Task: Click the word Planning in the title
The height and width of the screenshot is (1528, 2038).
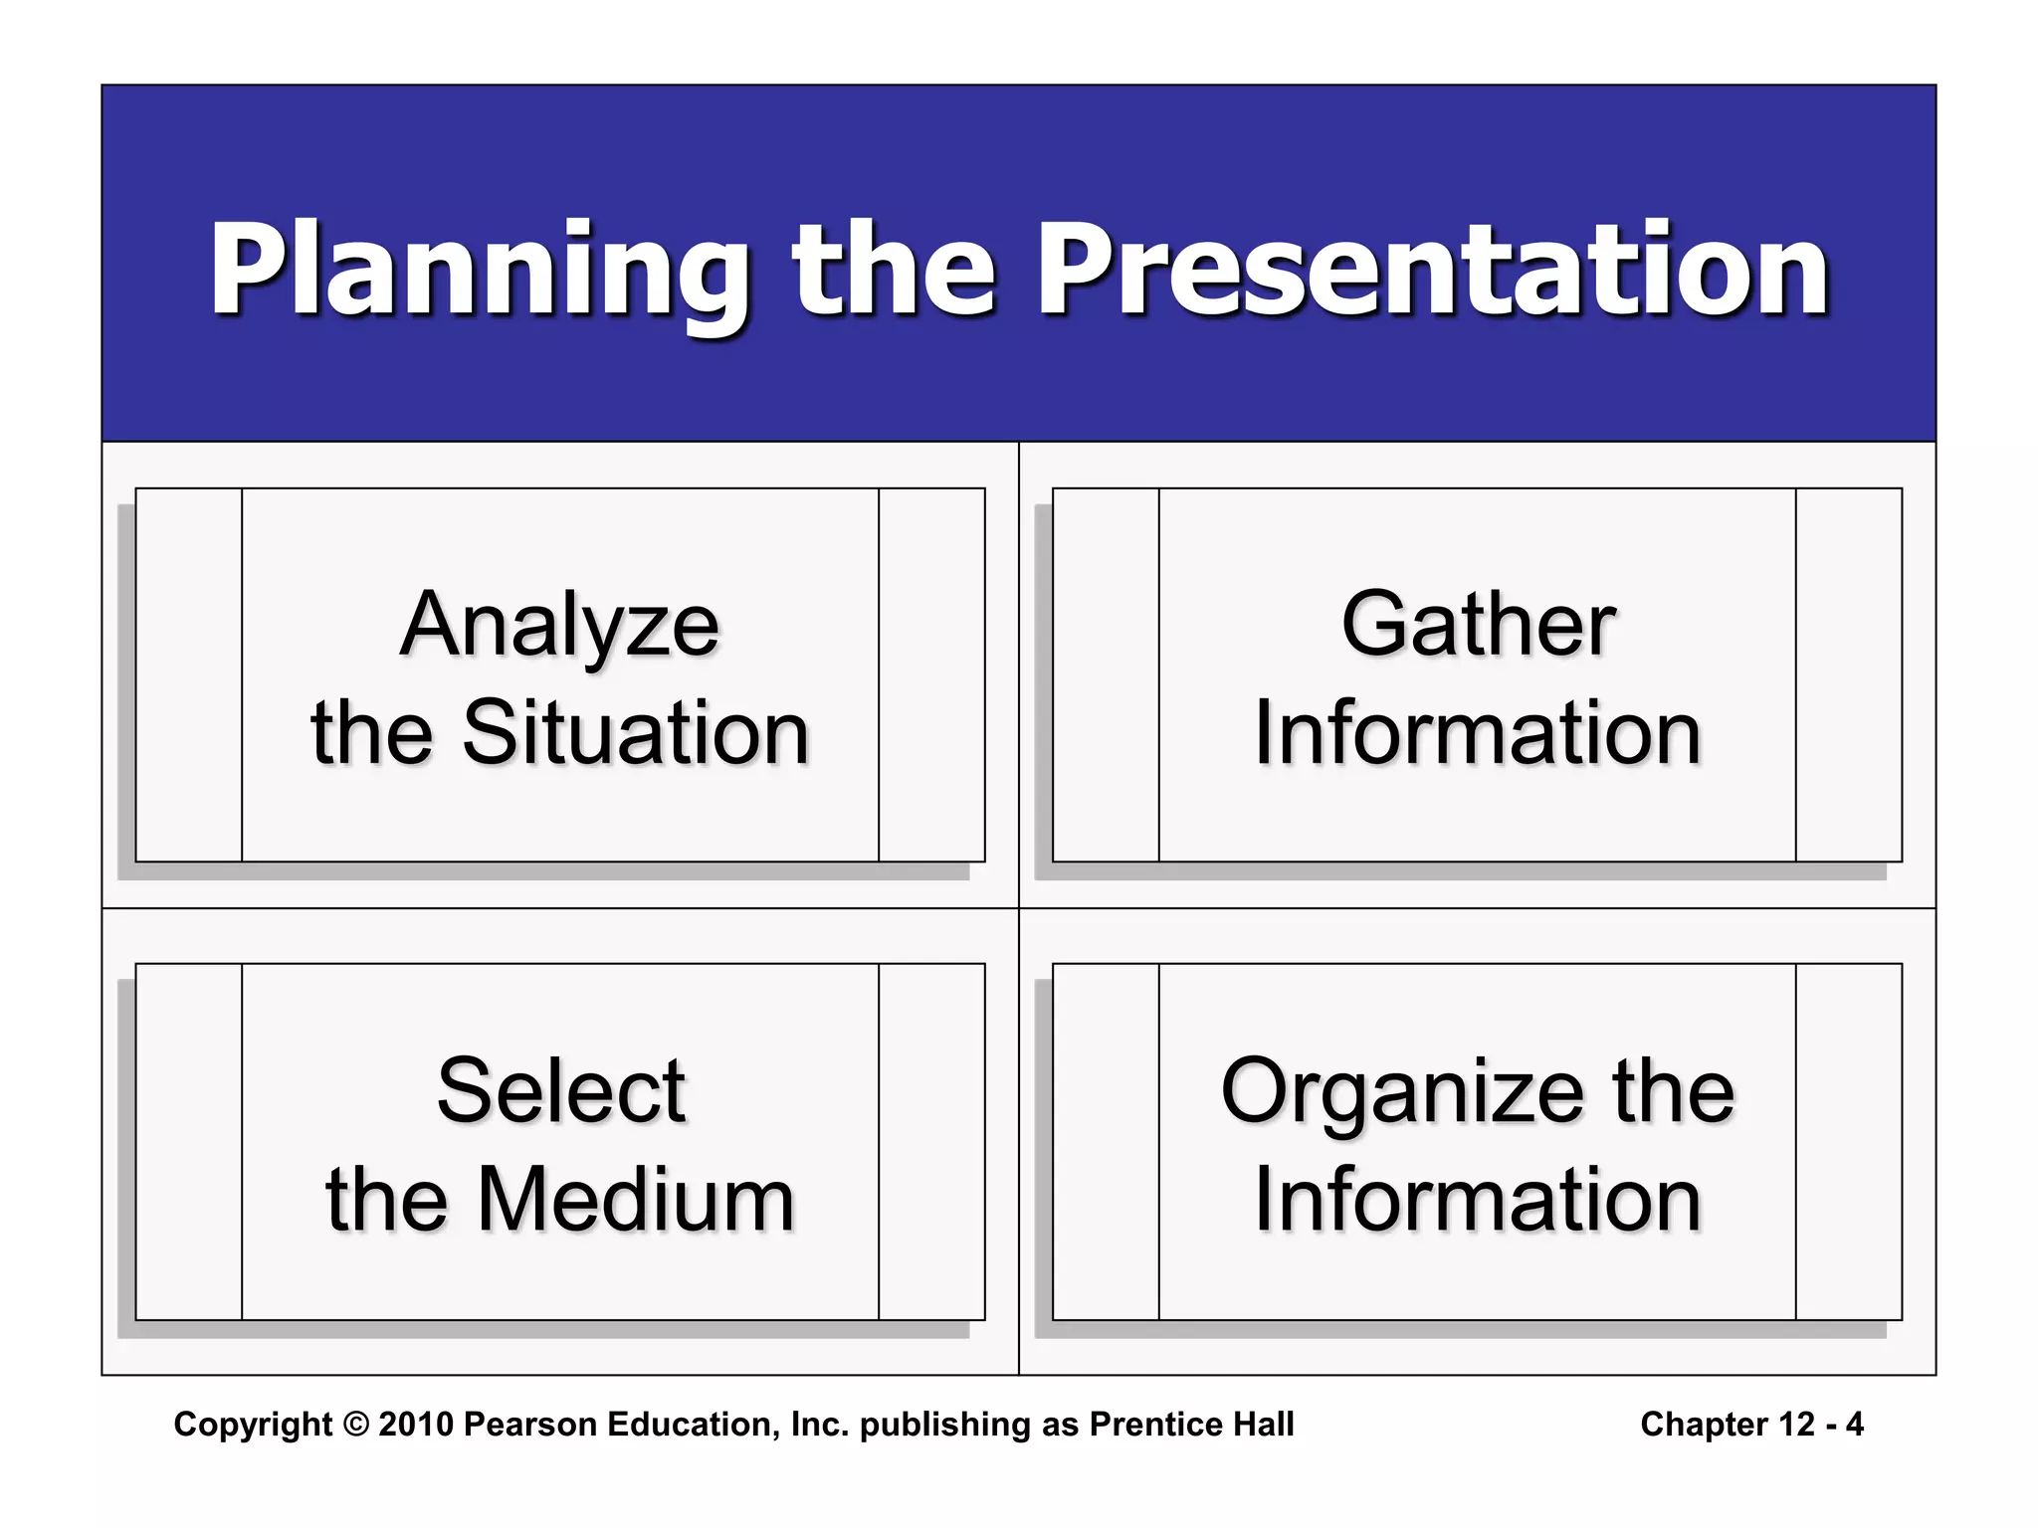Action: (x=478, y=271)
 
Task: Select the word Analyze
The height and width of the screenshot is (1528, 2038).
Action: (x=559, y=626)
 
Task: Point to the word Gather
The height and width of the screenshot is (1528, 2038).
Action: (x=1478, y=626)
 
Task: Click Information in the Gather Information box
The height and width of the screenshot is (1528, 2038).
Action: (x=1478, y=733)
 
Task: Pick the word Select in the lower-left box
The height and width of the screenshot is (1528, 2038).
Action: (x=561, y=1091)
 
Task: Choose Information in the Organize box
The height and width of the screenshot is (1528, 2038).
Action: (x=1478, y=1200)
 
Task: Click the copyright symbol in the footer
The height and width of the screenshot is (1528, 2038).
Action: (x=355, y=1425)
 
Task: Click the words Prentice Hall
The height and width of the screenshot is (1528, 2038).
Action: (x=1191, y=1425)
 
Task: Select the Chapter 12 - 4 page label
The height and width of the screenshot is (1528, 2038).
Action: (x=1751, y=1425)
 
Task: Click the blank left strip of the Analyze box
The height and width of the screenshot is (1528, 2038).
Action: (x=189, y=674)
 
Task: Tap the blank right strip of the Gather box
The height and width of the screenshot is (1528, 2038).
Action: (x=1849, y=674)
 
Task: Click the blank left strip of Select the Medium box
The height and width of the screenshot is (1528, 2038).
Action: (x=189, y=1141)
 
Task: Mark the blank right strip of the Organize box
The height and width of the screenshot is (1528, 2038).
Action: (x=1849, y=1141)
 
